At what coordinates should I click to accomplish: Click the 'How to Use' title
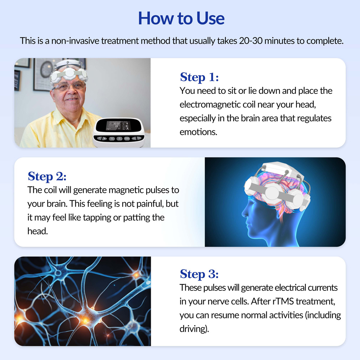coord(181,18)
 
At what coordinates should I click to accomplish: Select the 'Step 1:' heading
coord(199,77)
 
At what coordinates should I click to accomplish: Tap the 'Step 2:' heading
coord(47,176)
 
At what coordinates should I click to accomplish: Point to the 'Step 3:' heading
coord(199,274)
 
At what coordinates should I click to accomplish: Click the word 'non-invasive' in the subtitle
coord(75,41)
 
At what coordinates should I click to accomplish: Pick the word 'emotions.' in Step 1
coord(199,132)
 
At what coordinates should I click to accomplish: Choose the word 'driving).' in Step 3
coord(194,329)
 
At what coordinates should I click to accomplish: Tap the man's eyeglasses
coord(69,87)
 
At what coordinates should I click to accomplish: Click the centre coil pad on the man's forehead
coord(69,73)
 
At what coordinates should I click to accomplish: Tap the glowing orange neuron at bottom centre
coord(86,320)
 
